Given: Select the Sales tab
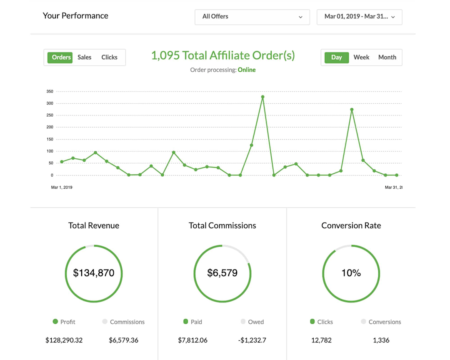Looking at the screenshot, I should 84,57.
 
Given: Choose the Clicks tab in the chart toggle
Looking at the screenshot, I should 109,57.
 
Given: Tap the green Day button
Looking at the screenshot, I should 336,57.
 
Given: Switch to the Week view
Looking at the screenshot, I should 361,57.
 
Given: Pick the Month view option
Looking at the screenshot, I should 387,57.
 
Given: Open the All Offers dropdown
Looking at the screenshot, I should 252,17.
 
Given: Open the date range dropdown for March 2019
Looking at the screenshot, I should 359,17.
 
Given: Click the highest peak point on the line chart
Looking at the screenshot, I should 262,97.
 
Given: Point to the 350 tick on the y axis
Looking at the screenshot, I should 50,91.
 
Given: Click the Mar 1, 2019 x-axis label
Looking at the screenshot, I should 62,187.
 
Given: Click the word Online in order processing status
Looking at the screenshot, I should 247,70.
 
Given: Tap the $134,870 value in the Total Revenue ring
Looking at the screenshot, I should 94,273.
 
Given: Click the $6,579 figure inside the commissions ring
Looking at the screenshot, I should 222,273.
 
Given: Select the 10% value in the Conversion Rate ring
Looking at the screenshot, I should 351,273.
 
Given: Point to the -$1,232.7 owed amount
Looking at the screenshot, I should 252,340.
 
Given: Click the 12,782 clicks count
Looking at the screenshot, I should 321,340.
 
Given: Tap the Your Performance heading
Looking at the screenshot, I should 75,16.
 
